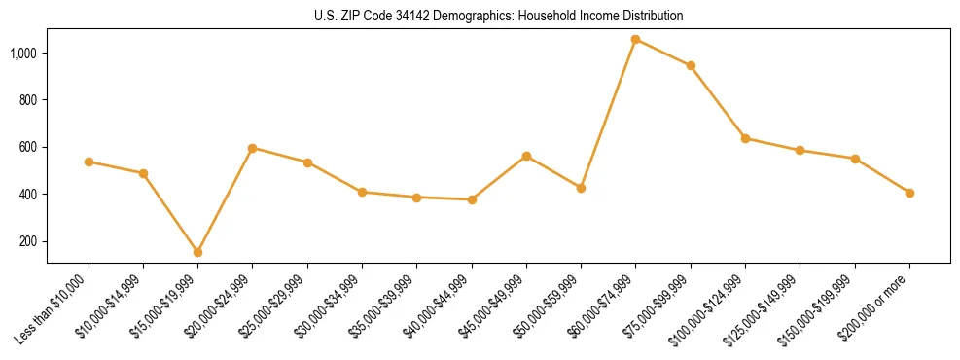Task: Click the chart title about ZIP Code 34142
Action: click(x=499, y=17)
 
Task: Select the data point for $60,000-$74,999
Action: click(x=636, y=40)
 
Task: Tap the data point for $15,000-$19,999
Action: click(x=198, y=252)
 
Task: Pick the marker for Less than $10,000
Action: click(x=89, y=162)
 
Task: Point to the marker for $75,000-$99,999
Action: click(x=691, y=66)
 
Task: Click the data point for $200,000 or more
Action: click(x=909, y=193)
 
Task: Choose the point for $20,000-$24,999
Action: click(x=253, y=148)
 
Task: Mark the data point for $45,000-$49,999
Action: click(x=526, y=156)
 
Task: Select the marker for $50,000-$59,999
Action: click(x=581, y=188)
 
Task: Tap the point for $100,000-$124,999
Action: click(x=745, y=138)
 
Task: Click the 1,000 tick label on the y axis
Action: click(x=24, y=53)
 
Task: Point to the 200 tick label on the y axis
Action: click(x=29, y=241)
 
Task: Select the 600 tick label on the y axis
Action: click(x=29, y=147)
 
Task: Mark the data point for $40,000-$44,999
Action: click(x=472, y=199)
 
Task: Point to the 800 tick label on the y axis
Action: click(x=29, y=100)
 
